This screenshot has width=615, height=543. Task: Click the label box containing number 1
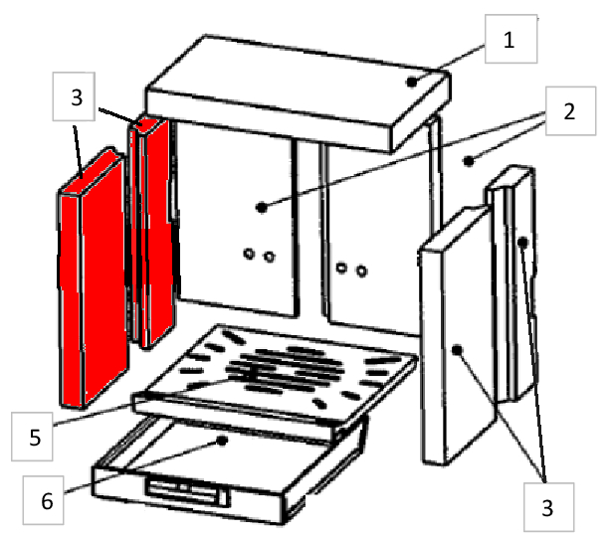point(511,39)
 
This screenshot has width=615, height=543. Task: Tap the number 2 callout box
point(570,111)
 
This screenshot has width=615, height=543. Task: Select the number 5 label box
point(32,437)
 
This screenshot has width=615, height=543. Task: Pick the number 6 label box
point(43,500)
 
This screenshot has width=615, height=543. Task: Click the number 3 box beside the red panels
point(74,96)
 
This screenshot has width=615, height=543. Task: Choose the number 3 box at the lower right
point(548,507)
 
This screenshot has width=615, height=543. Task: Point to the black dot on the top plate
point(411,83)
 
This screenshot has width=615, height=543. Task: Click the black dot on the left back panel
point(262,208)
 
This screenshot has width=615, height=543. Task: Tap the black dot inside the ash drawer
point(222,441)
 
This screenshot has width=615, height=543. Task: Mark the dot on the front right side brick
point(457,350)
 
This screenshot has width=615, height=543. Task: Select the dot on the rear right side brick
point(522,243)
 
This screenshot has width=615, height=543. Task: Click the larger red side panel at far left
point(93,278)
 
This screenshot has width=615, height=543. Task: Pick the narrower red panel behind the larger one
point(152,232)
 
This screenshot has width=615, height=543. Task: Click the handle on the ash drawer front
point(187,491)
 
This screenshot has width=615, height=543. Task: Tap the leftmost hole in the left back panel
point(249,254)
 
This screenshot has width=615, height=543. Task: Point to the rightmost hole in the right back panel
point(361,271)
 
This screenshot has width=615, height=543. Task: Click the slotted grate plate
point(275,374)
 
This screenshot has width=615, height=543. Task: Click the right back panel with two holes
point(376,232)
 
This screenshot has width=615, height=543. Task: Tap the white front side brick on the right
point(457,337)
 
